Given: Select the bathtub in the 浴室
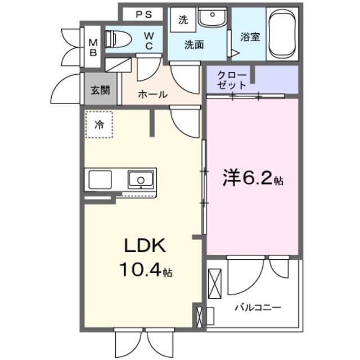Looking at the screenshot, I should pos(285,35).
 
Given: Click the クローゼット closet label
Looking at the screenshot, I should pos(231,80).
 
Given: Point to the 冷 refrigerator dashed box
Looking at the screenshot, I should pos(100,125).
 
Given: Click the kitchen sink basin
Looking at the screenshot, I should pos(140,179).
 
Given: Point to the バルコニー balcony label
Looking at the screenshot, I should pos(258,308).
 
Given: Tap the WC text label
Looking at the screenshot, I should pos(149,42).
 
